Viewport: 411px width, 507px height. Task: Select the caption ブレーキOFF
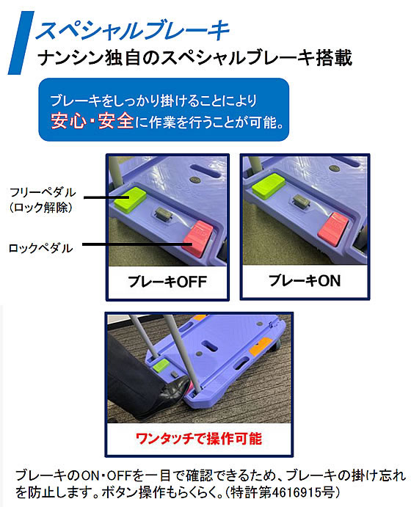tap(168, 282)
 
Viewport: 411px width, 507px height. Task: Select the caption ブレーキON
tap(304, 280)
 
